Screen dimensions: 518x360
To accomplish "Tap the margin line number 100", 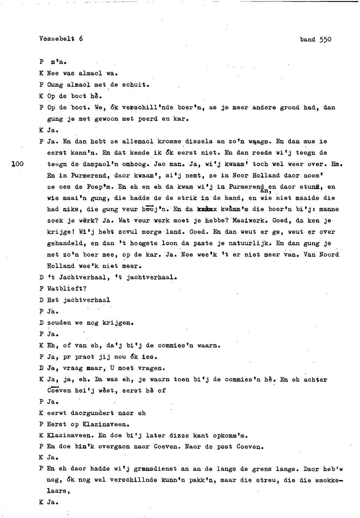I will coord(18,164).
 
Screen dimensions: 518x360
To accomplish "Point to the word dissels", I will coord(199,142).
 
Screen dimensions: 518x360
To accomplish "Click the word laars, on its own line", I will coord(59,491).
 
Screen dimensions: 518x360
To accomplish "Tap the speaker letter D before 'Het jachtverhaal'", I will coord(41,300).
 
